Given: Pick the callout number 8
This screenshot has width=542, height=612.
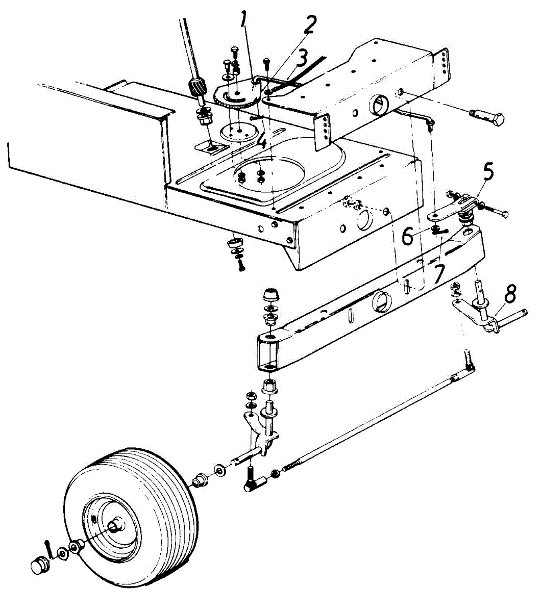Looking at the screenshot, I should point(510,295).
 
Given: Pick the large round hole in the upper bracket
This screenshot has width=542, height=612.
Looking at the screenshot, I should point(378,107).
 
